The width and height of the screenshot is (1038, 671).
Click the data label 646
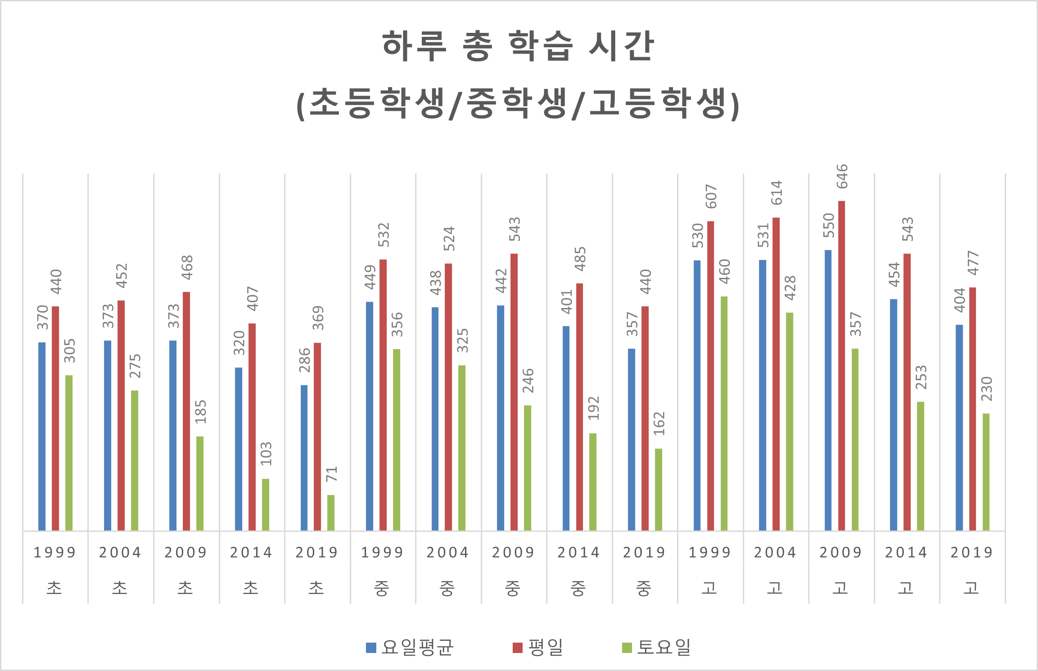coord(842,177)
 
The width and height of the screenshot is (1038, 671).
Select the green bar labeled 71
coord(331,512)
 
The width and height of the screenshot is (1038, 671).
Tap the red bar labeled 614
coord(776,374)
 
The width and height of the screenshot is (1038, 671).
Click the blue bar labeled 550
coord(828,390)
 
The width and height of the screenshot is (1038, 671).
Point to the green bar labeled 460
coord(724,413)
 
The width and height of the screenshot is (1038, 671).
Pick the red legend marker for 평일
coord(518,648)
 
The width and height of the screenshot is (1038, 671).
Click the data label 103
coord(266,453)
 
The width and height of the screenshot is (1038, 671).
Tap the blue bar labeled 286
coord(304,458)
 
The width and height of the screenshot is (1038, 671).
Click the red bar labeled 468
coord(186,411)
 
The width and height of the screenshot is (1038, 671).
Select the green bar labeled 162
coord(659,489)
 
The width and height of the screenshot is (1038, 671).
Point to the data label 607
coord(711,196)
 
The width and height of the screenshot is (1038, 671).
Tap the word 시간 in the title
coord(621,46)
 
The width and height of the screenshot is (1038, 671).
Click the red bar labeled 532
coord(383,394)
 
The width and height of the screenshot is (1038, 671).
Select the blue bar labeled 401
coord(566,428)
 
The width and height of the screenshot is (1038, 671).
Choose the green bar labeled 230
coord(986,472)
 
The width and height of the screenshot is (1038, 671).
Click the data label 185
coord(200,412)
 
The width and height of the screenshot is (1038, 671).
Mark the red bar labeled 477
coord(973,408)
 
